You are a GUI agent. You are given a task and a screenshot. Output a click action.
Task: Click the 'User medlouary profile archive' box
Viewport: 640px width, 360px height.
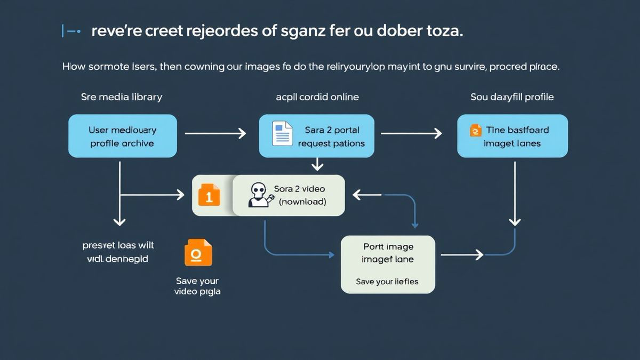(122, 136)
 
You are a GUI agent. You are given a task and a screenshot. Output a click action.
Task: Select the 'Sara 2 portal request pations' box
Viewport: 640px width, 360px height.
(316, 136)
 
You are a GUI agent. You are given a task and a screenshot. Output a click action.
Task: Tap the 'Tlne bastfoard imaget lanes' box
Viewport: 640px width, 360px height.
(512, 136)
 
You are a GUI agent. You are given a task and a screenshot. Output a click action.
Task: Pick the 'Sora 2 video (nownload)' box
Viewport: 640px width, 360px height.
(289, 195)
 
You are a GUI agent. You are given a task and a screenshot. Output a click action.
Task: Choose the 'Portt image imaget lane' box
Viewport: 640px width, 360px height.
(388, 265)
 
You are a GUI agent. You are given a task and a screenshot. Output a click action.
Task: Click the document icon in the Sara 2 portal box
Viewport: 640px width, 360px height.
(282, 133)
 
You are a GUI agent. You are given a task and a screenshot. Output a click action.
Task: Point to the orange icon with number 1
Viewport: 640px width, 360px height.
(209, 195)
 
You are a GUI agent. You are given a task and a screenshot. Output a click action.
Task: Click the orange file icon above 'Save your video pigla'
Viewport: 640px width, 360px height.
(198, 252)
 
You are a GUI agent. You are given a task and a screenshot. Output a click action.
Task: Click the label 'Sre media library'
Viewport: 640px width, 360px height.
(122, 97)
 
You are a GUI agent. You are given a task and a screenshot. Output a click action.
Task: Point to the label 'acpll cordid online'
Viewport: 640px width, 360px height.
(317, 97)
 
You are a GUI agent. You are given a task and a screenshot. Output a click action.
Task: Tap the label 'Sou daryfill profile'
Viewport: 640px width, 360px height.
(512, 97)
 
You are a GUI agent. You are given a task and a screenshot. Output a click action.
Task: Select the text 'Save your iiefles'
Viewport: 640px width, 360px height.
(387, 282)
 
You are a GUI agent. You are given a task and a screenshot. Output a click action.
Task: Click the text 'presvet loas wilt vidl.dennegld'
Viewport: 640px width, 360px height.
(118, 252)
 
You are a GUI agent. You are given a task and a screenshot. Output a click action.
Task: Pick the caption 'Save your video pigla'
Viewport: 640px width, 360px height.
(197, 286)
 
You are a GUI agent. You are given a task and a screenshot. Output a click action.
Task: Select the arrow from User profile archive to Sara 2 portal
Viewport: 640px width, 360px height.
(215, 133)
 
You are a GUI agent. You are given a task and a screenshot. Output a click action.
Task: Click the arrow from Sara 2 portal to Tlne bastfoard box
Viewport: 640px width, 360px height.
(411, 133)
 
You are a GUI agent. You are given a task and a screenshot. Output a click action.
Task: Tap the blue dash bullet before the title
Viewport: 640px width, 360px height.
(71, 31)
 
